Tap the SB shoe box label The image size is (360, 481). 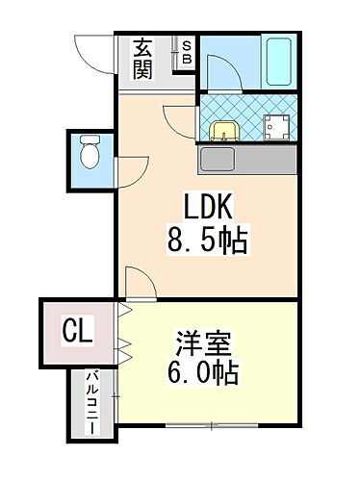(x=187, y=53)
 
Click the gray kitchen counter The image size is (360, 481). (x=246, y=160)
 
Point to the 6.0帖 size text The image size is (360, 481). (x=205, y=372)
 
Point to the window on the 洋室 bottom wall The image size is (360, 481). (x=202, y=424)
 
